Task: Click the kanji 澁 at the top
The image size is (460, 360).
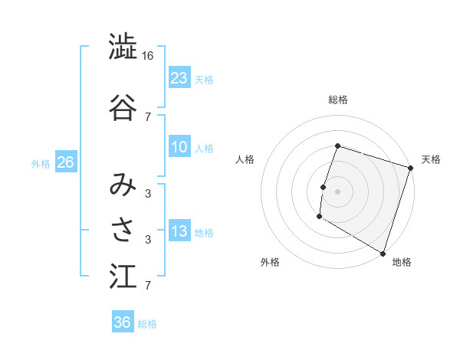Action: [122, 47]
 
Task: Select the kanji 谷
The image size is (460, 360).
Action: [122, 106]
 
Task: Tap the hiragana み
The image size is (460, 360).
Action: [122, 185]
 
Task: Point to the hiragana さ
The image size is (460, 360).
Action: [122, 229]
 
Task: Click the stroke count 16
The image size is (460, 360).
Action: [148, 56]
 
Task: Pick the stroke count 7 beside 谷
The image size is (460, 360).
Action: [148, 116]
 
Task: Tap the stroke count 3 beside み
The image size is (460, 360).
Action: [148, 193]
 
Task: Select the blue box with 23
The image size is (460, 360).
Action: [179, 77]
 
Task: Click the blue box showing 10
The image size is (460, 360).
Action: [179, 147]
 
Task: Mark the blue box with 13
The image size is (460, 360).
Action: [179, 232]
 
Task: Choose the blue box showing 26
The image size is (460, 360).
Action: [65, 162]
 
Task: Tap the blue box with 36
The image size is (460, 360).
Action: [122, 322]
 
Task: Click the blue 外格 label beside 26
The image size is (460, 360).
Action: [41, 163]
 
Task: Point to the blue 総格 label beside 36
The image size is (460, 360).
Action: [147, 324]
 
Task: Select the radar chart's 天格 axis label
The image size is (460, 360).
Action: [431, 159]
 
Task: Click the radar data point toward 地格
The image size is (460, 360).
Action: [383, 253]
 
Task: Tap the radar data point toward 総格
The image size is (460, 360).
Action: [337, 146]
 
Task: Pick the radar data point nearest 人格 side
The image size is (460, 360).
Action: [324, 187]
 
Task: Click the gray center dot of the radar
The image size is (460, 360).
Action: [337, 191]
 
